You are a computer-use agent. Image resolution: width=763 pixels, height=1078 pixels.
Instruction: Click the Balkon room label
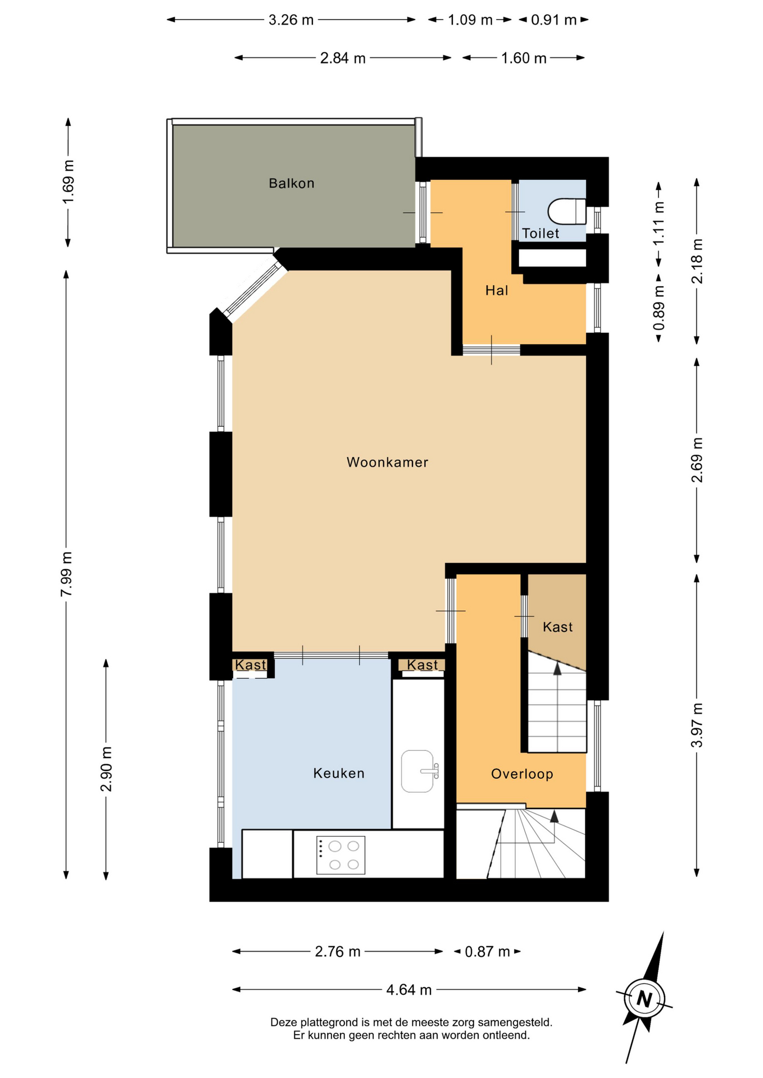[x=291, y=184]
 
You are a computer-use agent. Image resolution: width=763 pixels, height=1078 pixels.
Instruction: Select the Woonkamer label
[x=387, y=462]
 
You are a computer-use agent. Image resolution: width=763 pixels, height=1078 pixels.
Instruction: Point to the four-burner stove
[x=340, y=855]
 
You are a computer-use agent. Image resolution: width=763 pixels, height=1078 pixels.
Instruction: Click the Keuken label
[x=339, y=773]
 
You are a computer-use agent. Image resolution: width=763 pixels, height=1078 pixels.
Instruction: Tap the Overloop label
[x=522, y=774]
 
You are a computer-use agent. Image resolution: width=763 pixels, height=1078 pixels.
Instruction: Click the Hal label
[x=497, y=290]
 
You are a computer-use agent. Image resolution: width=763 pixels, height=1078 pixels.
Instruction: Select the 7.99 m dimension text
[x=66, y=574]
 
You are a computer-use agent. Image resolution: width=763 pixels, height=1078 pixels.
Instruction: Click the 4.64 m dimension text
[x=409, y=990]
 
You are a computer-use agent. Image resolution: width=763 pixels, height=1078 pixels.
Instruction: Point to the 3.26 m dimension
[x=291, y=20]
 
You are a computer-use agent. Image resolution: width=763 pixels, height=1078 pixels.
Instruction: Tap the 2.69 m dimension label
[x=697, y=460]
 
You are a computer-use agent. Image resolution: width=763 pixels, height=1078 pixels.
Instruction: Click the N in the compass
[x=644, y=999]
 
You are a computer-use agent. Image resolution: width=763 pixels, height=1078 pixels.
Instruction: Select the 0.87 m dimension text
[x=487, y=952]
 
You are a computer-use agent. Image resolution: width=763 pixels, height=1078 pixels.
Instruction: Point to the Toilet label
[x=541, y=234]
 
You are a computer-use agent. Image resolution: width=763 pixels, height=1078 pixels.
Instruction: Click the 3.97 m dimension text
[x=697, y=725]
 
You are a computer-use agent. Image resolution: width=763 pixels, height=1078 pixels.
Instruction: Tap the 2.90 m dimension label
[x=106, y=769]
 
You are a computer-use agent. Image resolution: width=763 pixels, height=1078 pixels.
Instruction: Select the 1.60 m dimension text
[x=524, y=58]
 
